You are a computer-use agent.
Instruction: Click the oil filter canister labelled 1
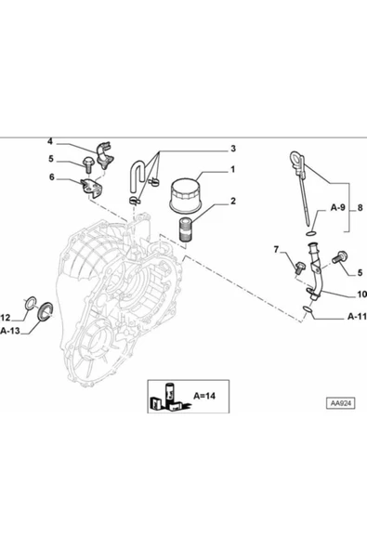pyautogui.click(x=185, y=195)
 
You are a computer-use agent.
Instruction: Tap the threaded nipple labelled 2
pyautogui.click(x=186, y=230)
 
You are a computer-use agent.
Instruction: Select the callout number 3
pyautogui.click(x=233, y=149)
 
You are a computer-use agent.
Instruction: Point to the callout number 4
pyautogui.click(x=50, y=141)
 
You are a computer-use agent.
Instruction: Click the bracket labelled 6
pyautogui.click(x=92, y=188)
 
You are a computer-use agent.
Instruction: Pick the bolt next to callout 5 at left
pyautogui.click(x=88, y=165)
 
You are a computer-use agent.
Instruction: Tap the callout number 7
pyautogui.click(x=276, y=249)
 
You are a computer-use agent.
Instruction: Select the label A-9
pyautogui.click(x=338, y=208)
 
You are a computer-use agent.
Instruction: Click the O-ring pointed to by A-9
pyautogui.click(x=311, y=234)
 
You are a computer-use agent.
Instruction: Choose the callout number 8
pyautogui.click(x=360, y=208)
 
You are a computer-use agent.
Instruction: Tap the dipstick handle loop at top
pyautogui.click(x=296, y=160)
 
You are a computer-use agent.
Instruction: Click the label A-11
pyautogui.click(x=357, y=317)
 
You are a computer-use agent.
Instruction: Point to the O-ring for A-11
pyautogui.click(x=307, y=309)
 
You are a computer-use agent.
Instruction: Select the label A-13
pyautogui.click(x=10, y=330)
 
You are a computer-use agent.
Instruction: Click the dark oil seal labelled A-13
pyautogui.click(x=46, y=311)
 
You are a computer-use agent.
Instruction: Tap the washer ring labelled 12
pyautogui.click(x=31, y=303)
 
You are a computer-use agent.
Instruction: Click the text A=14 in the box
pyautogui.click(x=204, y=396)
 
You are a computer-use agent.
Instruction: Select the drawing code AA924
pyautogui.click(x=341, y=403)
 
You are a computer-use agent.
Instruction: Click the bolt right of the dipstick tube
pyautogui.click(x=339, y=258)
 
